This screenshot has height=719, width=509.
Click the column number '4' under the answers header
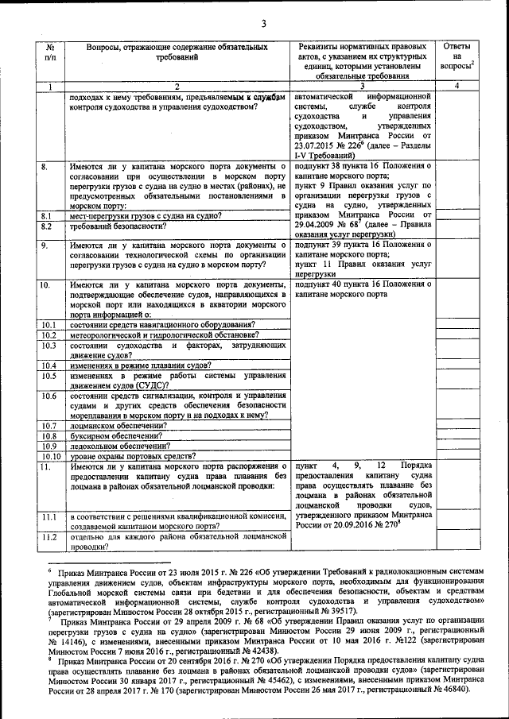tap(457, 86)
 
